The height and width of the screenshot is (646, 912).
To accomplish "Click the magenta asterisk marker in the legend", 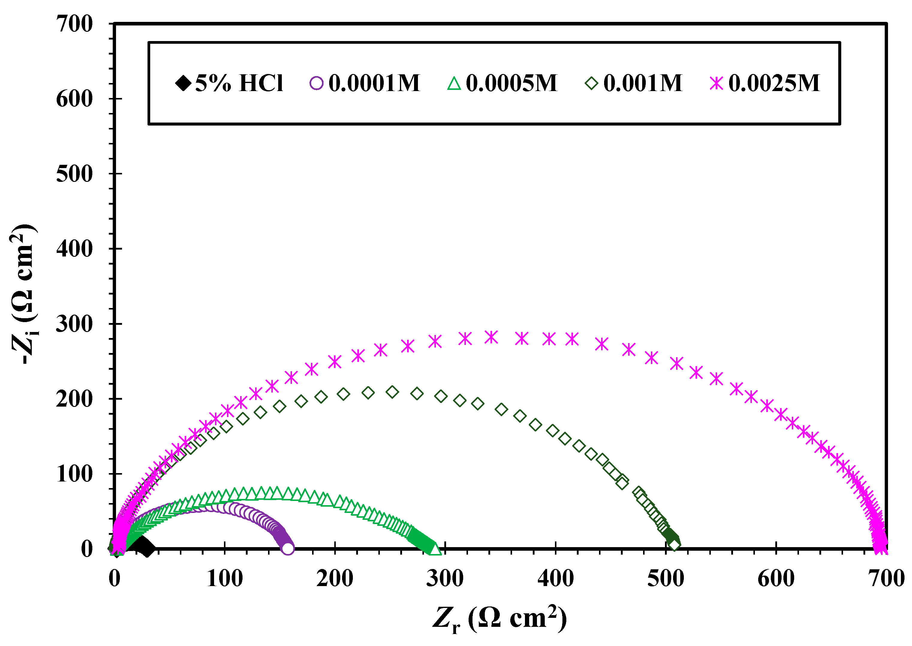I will tap(716, 84).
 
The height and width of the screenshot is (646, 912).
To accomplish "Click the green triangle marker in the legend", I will tap(454, 84).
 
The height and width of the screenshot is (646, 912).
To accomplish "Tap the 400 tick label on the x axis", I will tap(556, 579).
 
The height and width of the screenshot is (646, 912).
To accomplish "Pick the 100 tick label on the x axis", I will tap(225, 579).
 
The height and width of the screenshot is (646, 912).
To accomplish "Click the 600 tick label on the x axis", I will tap(776, 579).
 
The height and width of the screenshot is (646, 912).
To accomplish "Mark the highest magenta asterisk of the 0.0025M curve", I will tap(492, 337).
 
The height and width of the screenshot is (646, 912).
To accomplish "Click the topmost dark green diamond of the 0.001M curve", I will tap(392, 392).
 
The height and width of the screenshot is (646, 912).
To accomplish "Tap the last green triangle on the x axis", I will tap(436, 549).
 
